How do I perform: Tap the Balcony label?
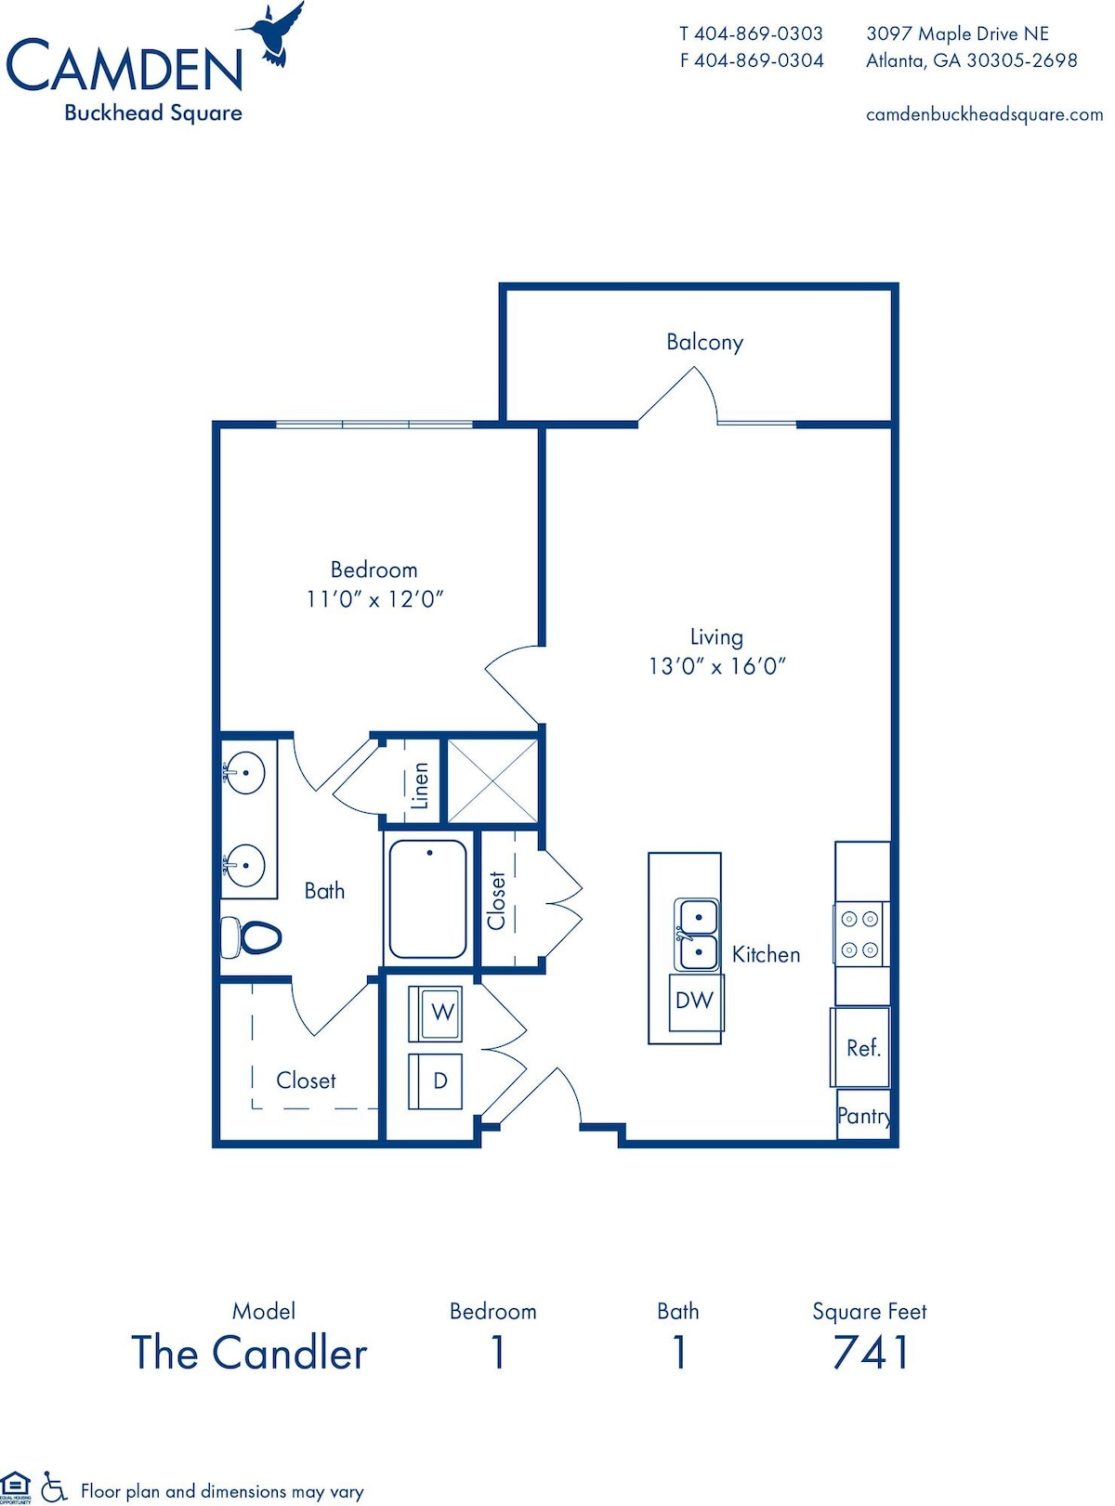coord(704,342)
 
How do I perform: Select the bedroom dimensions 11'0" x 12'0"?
coord(374,599)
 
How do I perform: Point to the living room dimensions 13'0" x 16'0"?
coord(716,667)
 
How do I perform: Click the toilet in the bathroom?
coord(251,937)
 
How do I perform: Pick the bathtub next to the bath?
coord(427,899)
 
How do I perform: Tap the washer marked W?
coord(435,1014)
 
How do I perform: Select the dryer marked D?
coord(435,1080)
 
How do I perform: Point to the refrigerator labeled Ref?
coord(860,1047)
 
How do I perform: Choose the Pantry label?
coord(864,1116)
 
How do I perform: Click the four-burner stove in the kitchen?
coord(860,935)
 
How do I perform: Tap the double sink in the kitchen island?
coord(696,935)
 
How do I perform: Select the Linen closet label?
coord(420,786)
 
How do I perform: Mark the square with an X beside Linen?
coord(492,781)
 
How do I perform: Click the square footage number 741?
coord(871,1353)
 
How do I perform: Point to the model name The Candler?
coord(249,1352)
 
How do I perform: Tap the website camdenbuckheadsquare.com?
coord(984,115)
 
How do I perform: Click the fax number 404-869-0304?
coord(759,61)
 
